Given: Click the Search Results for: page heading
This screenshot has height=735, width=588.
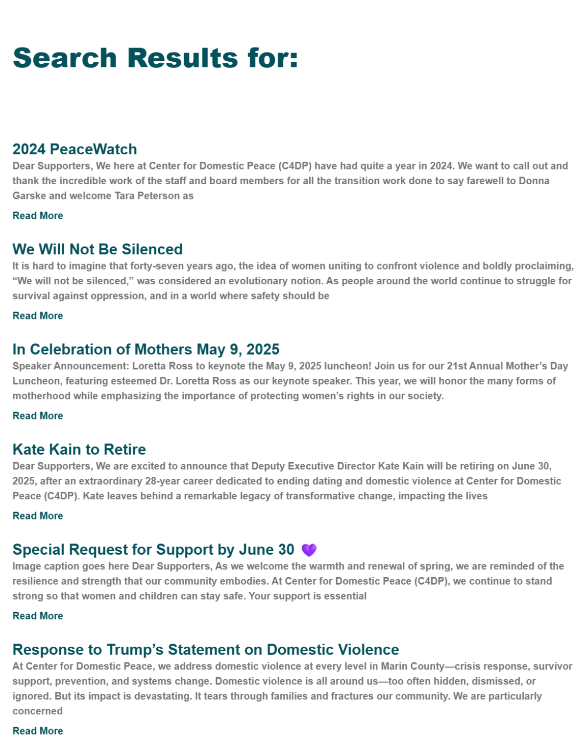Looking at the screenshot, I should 155,58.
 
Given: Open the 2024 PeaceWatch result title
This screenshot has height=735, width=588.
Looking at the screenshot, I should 74,149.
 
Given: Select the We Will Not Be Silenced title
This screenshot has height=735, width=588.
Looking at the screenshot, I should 98,249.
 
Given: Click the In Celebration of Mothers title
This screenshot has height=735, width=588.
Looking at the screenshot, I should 146,349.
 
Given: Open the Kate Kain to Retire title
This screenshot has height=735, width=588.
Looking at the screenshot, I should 79,449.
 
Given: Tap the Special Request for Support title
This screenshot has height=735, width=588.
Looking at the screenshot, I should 153,549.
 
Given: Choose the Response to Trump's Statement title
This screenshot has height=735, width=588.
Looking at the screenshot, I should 206,649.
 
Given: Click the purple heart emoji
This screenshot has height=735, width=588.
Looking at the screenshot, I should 309,550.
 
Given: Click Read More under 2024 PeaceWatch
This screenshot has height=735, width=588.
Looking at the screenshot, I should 38,216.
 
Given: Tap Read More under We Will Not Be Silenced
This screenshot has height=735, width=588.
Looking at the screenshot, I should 38,316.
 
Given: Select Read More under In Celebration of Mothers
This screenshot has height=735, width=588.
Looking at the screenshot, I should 38,416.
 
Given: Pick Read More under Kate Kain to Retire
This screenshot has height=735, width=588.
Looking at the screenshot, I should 38,515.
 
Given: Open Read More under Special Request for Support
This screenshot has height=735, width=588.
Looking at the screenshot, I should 38,616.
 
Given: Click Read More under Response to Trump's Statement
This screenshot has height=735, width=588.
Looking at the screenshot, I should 38,731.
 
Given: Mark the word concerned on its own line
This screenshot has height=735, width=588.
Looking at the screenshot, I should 38,711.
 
